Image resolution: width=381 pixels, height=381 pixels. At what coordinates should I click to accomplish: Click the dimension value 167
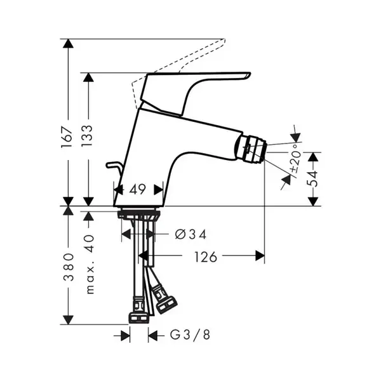click(67, 137)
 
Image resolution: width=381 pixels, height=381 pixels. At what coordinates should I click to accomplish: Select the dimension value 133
click(87, 136)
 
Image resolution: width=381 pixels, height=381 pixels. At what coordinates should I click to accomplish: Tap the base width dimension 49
click(137, 189)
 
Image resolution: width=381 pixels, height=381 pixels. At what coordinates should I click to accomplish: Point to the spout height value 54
click(312, 178)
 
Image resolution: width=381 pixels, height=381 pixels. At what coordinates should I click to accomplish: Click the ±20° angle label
click(296, 158)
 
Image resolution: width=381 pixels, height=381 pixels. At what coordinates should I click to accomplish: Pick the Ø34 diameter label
click(190, 234)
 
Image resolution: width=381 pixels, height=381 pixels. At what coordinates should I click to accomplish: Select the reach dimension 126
click(205, 257)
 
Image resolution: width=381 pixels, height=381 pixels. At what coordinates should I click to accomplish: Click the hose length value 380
click(69, 267)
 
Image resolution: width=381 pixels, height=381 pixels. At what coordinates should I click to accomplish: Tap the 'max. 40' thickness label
click(90, 265)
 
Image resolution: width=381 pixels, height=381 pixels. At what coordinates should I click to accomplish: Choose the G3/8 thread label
click(190, 335)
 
